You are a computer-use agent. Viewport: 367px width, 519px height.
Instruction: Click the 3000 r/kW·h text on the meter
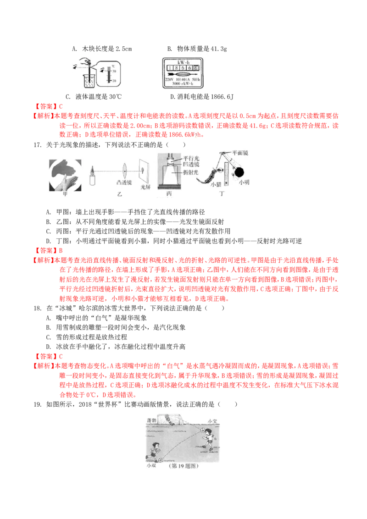[183, 84]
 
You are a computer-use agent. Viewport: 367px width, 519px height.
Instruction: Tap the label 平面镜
[240, 153]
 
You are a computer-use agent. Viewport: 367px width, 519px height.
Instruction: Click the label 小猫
[216, 185]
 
